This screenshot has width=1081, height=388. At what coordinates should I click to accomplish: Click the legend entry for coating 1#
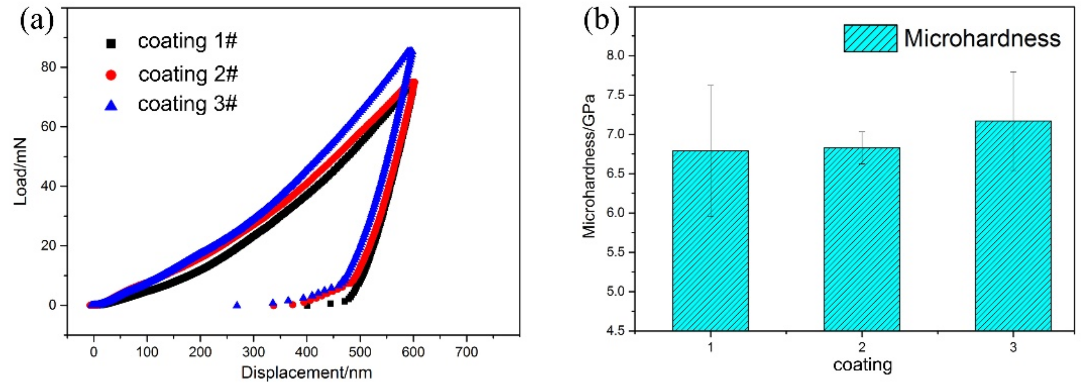[x=187, y=42]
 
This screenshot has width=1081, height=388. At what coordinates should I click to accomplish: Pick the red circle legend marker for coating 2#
[x=111, y=75]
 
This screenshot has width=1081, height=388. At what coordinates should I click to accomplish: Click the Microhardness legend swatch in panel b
[x=870, y=38]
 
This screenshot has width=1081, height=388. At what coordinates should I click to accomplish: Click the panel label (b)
[x=601, y=20]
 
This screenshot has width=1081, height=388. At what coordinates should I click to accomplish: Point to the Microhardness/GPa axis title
[x=589, y=166]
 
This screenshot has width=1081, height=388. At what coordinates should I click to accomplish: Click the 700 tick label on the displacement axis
[x=466, y=351]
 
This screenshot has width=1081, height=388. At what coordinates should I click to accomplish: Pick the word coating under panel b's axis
[x=862, y=365]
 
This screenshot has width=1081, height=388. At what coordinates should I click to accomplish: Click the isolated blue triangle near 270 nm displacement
[x=237, y=305]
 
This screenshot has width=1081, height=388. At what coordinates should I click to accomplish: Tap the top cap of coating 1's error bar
[x=711, y=85]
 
